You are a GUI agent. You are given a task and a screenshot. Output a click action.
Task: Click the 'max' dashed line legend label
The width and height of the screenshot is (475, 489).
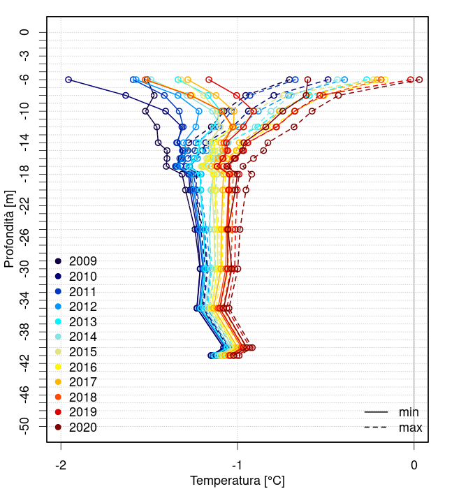click(x=410, y=428)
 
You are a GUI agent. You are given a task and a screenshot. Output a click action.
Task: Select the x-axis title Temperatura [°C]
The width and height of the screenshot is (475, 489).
click(x=237, y=481)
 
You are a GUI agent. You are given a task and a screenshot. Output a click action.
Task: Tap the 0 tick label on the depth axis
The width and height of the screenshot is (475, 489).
click(x=24, y=32)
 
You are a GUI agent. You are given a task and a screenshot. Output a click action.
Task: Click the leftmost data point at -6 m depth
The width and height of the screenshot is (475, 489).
click(x=68, y=80)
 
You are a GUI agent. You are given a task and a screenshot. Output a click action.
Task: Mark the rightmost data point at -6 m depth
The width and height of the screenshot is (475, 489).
click(x=419, y=80)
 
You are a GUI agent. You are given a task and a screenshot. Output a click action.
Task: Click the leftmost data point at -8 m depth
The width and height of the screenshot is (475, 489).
click(x=126, y=95)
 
